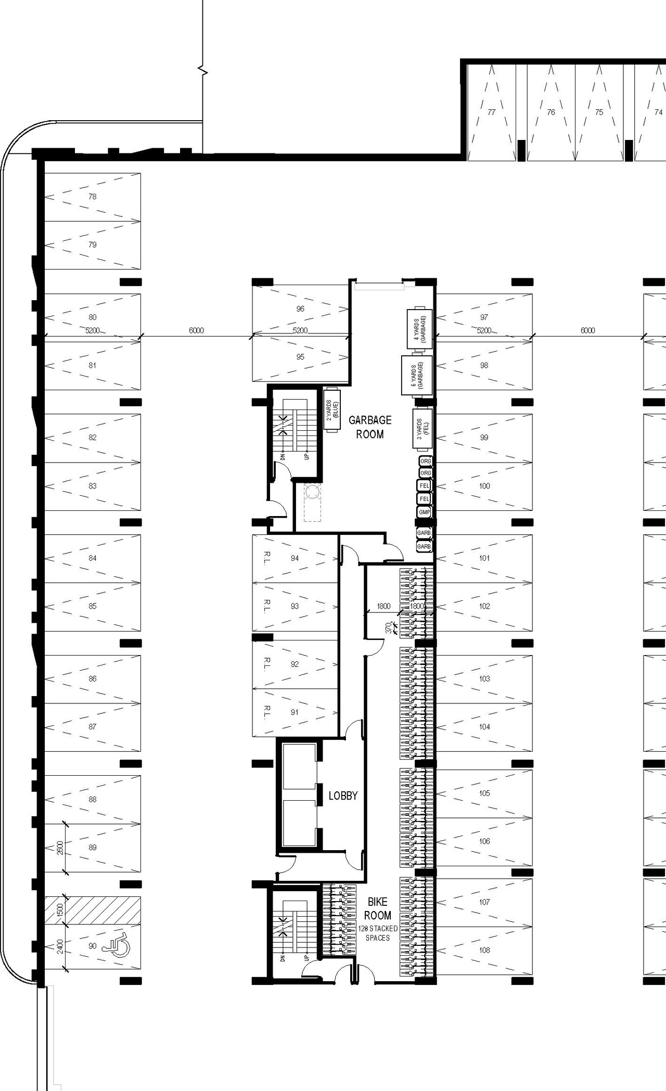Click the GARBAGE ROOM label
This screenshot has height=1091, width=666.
370,427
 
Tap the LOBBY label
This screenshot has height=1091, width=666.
343,795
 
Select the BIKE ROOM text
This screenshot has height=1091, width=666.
378,908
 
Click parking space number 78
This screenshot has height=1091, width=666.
93,197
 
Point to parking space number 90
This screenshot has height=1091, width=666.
93,946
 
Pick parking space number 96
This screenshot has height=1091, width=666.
300,309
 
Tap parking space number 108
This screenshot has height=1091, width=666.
484,950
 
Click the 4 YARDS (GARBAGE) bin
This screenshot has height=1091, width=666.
420,329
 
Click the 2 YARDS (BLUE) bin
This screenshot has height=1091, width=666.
332,410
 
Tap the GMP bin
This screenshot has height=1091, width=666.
425,512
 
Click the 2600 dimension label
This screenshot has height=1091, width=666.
60,848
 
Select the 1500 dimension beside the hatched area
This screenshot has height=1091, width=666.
60,910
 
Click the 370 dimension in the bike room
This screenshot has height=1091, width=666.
388,628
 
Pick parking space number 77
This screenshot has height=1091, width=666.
492,112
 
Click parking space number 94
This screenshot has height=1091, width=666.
295,558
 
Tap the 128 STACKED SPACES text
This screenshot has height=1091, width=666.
378,933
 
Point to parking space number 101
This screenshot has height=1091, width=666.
484,558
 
